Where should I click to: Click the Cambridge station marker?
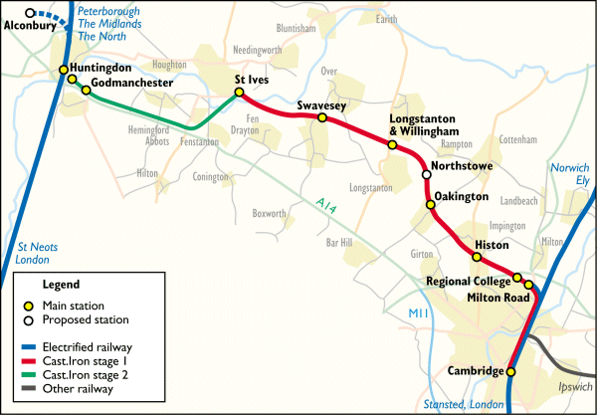point(511,371)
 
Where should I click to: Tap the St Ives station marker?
point(239,94)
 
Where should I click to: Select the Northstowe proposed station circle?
point(427,175)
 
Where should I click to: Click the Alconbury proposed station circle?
point(31,14)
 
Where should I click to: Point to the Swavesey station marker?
point(321,117)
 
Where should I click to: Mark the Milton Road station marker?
point(528,286)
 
